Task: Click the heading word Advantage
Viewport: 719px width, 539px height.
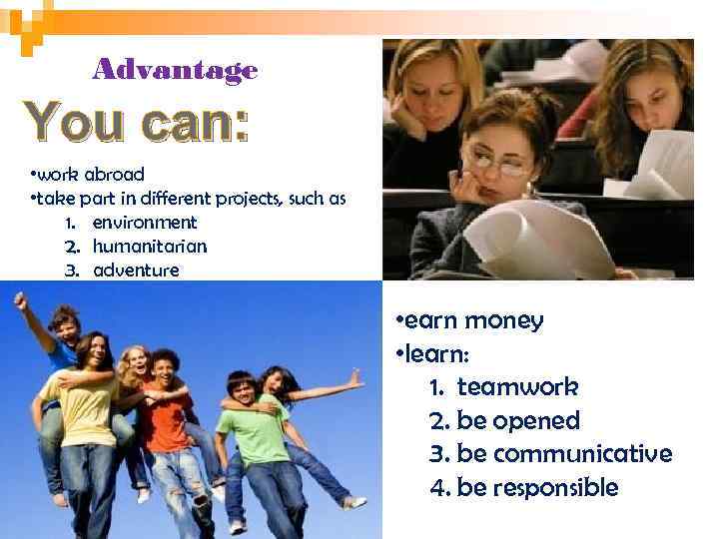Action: (x=175, y=70)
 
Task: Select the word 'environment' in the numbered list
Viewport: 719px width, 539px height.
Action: (x=145, y=223)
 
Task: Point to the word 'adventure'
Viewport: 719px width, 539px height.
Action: (x=137, y=269)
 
